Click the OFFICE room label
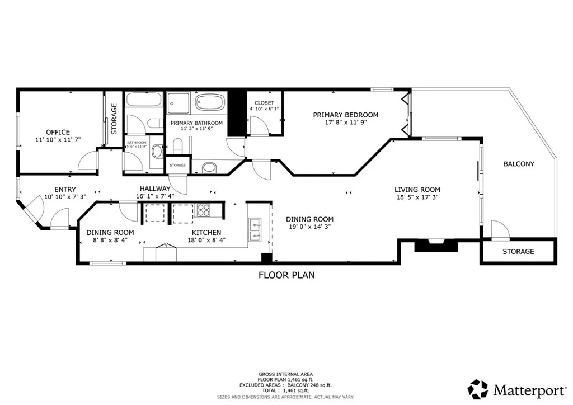pos(58,132)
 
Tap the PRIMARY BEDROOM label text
pos(345,115)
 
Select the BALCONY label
pos(519,164)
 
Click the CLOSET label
pos(264,103)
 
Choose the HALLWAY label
pos(154,189)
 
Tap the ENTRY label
pos(65,190)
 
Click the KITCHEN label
pos(206,233)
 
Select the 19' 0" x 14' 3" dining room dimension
pos(309,227)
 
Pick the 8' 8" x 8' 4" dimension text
pos(110,241)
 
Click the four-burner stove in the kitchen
pos(203,211)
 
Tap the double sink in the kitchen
pos(256,230)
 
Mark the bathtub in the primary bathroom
pos(209,103)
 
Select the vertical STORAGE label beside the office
pos(114,119)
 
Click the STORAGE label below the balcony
pos(518,252)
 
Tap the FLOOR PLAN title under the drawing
pos(286,275)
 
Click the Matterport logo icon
pos(478,388)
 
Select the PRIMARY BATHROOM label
pos(196,123)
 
